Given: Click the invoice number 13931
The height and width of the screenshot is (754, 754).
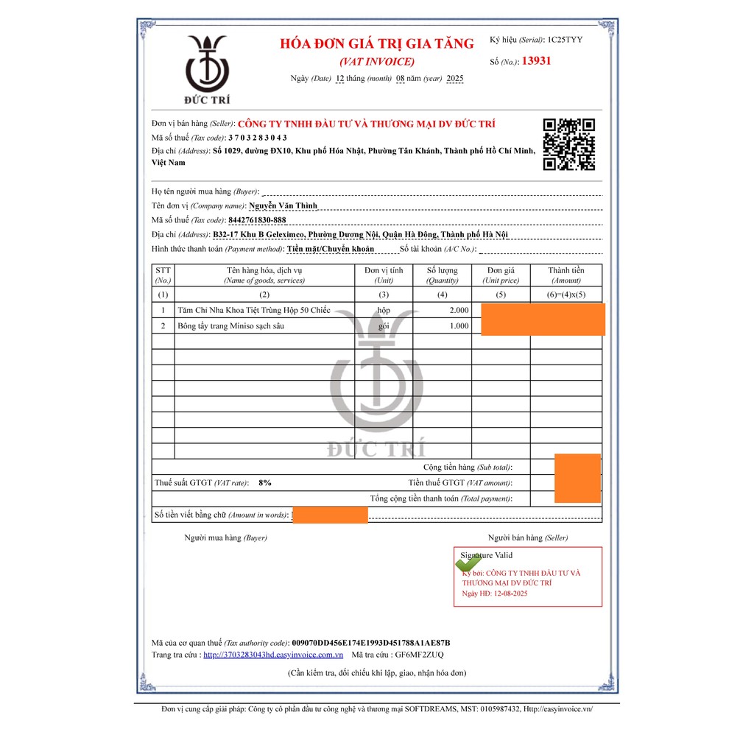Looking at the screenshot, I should pos(536,61).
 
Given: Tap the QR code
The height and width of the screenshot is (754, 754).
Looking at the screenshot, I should pos(568,144).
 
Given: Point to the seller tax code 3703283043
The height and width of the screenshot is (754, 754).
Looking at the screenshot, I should pos(258,138).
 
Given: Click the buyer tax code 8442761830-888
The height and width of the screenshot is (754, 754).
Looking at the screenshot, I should pos(257,220).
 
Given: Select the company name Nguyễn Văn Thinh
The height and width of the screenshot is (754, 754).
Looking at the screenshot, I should pos(283,206).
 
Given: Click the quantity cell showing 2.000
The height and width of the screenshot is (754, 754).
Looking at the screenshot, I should pos(459,311).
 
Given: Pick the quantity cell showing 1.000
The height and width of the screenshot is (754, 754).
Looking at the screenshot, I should pos(459,325).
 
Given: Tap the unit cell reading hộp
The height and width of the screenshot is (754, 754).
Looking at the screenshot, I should pos(384,311).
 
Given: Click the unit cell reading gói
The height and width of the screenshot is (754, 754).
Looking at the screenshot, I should pos(384,325).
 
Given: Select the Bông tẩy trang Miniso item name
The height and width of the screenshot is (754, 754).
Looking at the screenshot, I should pos(230,325).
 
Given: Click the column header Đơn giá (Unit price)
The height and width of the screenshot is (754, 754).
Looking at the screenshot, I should pos(501,275).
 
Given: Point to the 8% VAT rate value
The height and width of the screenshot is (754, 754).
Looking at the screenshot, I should pos(265,483).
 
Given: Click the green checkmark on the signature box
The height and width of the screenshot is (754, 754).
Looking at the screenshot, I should pos(468,564).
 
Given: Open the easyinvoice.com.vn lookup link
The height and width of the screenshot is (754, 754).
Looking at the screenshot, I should pos(273,655).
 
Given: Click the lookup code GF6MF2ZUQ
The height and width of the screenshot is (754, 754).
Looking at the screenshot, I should pos(419,655).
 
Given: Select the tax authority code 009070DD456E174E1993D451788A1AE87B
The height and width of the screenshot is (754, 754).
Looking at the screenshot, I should pos(370,642).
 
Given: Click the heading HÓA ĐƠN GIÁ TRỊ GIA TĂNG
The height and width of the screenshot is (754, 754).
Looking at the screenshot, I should pos(377,43).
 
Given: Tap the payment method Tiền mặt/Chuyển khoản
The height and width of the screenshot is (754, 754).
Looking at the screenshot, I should pos(331,249).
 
